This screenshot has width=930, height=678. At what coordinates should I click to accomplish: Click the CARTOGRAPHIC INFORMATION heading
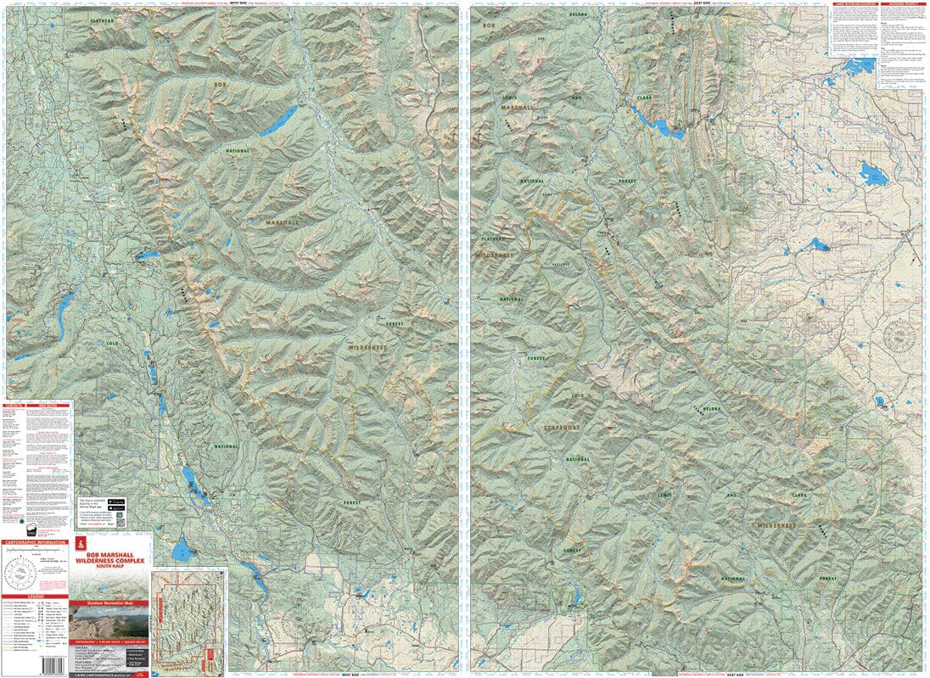tap(36, 541)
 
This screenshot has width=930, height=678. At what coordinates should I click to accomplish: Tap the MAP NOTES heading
tap(50, 405)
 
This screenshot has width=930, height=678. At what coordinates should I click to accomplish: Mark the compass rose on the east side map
tap(899, 336)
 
